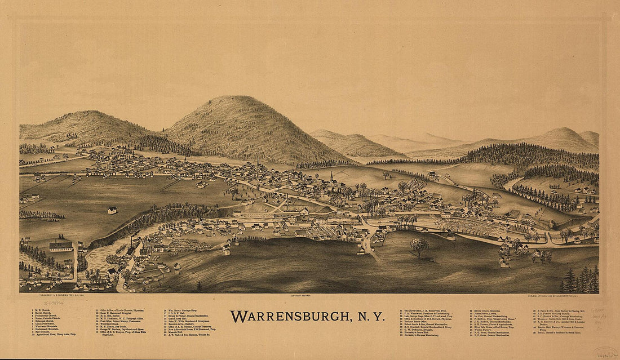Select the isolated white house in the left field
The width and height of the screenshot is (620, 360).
[113, 210]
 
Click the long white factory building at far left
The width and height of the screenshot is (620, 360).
[61, 246]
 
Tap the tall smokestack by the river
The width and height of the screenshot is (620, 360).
[132, 240]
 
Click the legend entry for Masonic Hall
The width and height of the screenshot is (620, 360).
[180, 331]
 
